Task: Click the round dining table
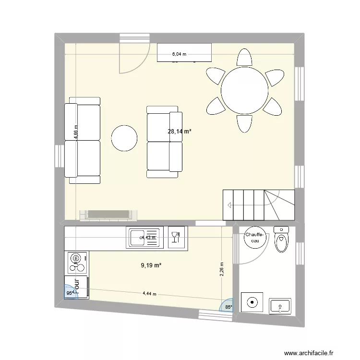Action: tap(244, 90)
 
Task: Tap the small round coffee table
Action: tap(124, 138)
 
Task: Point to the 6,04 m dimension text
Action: tap(180, 54)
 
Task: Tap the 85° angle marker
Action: tap(228, 307)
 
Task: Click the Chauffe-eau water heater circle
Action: tap(254, 238)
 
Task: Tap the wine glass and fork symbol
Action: tap(176, 235)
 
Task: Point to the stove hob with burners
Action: tap(76, 262)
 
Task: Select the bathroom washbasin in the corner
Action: tap(281, 305)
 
